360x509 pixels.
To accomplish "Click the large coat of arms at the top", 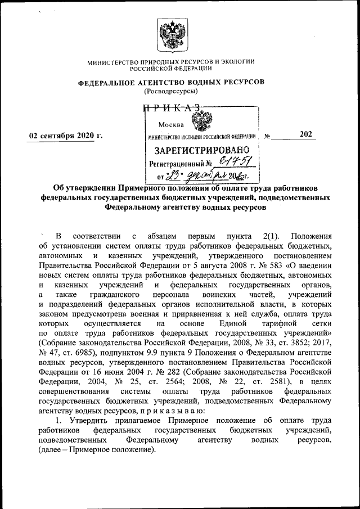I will pyautogui.click(x=171, y=35).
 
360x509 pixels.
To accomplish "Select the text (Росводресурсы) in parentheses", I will pyautogui.click(x=171, y=90).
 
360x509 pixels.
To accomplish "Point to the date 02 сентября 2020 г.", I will pyautogui.click(x=63, y=136).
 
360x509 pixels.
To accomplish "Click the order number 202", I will pyautogui.click(x=306, y=134).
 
